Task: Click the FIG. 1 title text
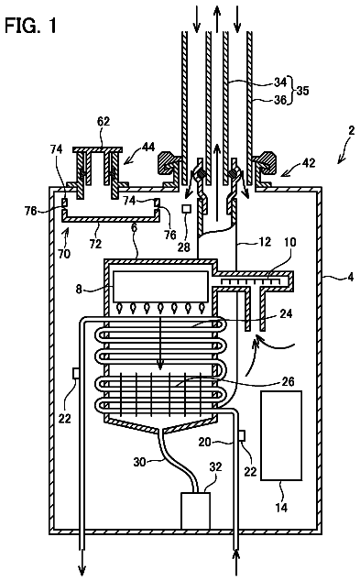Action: pyautogui.click(x=31, y=26)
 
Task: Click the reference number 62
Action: pyautogui.click(x=104, y=121)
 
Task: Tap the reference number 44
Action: pyautogui.click(x=148, y=148)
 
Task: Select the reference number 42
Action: pyautogui.click(x=309, y=162)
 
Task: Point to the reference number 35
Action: pyautogui.click(x=302, y=91)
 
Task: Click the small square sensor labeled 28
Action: pyautogui.click(x=186, y=209)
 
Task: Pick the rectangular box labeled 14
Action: pyautogui.click(x=281, y=435)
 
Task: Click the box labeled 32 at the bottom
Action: pyautogui.click(x=195, y=510)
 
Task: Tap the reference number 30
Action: pyautogui.click(x=139, y=462)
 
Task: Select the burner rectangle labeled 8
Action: pyautogui.click(x=160, y=287)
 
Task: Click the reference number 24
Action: pyautogui.click(x=287, y=313)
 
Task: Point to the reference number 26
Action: pyautogui.click(x=288, y=381)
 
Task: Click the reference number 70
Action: pyautogui.click(x=64, y=254)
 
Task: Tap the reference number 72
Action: pyautogui.click(x=95, y=244)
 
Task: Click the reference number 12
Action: pyautogui.click(x=265, y=241)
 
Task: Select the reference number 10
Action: pyautogui.click(x=290, y=242)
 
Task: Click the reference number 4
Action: pyautogui.click(x=351, y=277)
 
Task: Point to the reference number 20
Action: pyautogui.click(x=205, y=442)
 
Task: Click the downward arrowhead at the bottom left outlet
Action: pyautogui.click(x=82, y=572)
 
